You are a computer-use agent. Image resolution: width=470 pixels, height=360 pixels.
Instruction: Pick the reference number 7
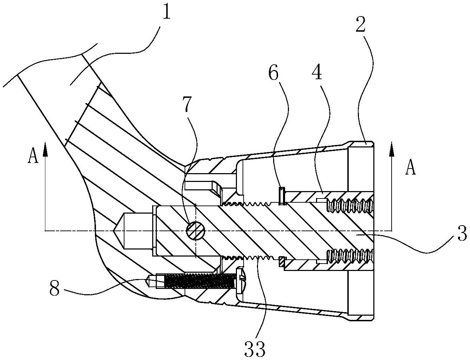point(187,104)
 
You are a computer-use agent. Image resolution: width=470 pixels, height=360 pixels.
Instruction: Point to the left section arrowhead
point(45,149)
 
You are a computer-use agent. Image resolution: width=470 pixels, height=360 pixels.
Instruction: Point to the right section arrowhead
point(392,149)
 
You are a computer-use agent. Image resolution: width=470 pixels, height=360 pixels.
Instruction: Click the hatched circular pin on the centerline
point(195,231)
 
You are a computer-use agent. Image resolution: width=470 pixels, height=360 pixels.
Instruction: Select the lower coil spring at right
point(350,256)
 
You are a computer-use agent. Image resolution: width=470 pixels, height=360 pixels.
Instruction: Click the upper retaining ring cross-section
point(282,196)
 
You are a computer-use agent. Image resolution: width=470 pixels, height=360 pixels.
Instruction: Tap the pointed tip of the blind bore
point(112,231)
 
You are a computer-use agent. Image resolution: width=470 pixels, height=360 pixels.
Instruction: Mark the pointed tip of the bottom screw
point(146,280)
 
